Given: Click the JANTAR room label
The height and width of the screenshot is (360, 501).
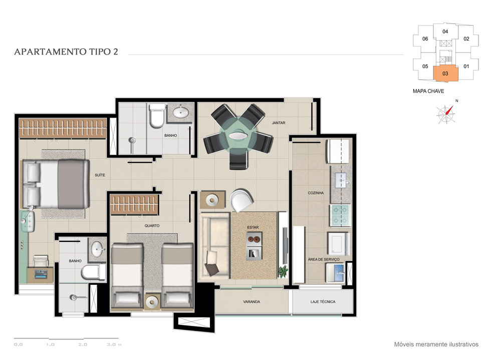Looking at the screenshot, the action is click(x=278, y=123).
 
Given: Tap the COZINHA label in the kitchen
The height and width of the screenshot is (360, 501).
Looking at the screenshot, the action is click(x=316, y=193).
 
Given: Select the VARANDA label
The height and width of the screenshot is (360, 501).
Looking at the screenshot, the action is click(x=252, y=301).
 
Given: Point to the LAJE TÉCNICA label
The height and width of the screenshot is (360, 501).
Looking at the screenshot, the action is click(x=323, y=301).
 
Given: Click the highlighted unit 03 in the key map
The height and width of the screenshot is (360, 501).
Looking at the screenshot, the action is click(x=445, y=74).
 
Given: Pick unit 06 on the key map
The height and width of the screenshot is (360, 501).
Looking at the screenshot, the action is click(x=425, y=39).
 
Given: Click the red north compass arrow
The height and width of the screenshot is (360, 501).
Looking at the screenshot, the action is click(x=450, y=110).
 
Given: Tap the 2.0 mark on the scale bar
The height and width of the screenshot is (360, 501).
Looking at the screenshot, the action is click(x=83, y=344).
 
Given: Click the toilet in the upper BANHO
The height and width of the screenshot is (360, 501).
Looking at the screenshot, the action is click(x=157, y=115).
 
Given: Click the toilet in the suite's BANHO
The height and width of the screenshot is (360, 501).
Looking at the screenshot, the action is click(x=93, y=272).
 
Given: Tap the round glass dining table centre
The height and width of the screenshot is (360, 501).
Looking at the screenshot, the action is click(x=238, y=135).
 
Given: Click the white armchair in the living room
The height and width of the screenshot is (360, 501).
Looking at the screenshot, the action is click(x=241, y=200).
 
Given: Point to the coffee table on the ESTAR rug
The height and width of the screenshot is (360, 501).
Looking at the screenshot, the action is click(x=255, y=246).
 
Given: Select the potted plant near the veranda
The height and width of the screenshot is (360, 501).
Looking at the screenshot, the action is click(x=283, y=271).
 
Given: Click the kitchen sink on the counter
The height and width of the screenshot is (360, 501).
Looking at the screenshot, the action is click(x=341, y=180).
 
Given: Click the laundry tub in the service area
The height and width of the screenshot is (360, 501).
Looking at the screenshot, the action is click(x=335, y=273).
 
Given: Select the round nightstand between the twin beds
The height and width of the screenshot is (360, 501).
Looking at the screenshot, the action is click(x=152, y=301).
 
